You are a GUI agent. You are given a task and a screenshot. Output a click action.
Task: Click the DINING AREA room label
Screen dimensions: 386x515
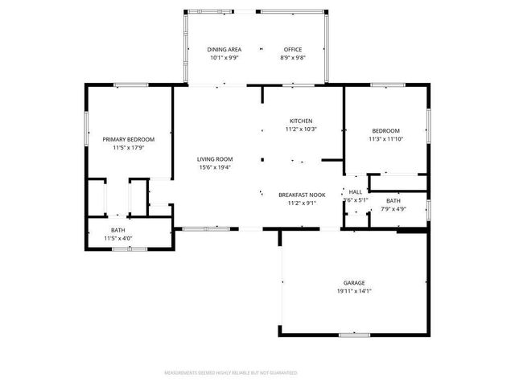click(225, 49)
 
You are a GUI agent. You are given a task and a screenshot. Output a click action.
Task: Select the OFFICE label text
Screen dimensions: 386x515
click(292, 49)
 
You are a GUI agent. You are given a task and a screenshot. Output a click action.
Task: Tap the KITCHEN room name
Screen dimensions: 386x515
click(301, 121)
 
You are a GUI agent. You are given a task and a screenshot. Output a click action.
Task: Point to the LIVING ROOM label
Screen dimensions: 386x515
click(215, 158)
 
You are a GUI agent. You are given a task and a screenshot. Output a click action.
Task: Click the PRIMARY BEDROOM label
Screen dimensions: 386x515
click(128, 139)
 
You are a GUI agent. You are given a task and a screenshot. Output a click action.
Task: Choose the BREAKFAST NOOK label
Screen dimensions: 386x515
click(302, 195)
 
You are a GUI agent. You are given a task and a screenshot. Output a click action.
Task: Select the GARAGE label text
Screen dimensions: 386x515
click(354, 282)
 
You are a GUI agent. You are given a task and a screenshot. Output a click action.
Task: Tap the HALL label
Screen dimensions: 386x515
click(355, 191)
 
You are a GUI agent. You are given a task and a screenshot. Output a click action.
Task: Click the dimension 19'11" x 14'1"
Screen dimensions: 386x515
click(354, 290)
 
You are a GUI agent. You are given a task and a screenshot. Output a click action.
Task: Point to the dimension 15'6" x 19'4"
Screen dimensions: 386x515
click(215, 167)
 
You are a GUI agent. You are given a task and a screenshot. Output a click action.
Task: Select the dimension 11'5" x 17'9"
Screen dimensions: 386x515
click(128, 148)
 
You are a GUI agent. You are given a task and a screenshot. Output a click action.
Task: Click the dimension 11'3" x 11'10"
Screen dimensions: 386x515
click(385, 138)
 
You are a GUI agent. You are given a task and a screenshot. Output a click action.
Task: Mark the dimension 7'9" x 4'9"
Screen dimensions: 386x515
click(393, 209)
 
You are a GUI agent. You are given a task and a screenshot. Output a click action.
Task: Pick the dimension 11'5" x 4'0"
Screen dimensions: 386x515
click(118, 239)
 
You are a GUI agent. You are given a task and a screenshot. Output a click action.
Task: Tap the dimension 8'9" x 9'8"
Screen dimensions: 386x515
click(292, 58)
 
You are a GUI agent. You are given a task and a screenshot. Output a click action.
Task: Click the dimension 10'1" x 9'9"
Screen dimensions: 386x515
click(225, 58)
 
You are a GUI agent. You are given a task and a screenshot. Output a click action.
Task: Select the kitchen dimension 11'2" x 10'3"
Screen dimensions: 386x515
click(301, 129)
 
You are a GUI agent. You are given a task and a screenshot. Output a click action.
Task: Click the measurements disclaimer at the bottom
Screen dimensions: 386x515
click(231, 373)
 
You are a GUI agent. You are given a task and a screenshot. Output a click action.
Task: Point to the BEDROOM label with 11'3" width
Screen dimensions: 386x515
click(385, 130)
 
